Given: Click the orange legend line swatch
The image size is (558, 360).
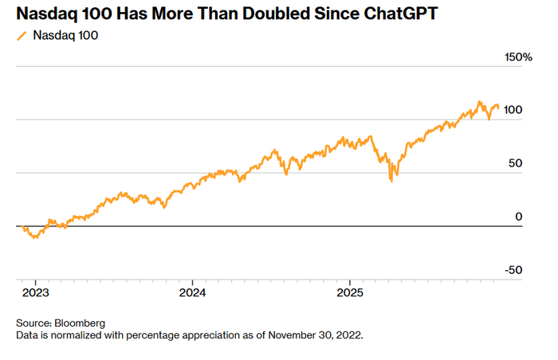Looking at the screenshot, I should tap(22, 36).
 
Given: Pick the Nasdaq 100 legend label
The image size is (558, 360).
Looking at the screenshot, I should tap(65, 36).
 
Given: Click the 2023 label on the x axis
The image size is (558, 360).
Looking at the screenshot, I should tap(35, 292).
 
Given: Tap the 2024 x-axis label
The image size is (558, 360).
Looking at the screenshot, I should tap(193, 292).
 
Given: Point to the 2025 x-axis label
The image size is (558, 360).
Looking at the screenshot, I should tap(351, 292).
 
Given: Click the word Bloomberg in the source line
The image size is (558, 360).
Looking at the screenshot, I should tap(80, 323).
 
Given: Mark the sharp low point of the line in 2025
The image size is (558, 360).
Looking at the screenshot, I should tap(391, 182).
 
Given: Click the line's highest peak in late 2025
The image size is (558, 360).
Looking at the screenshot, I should tap(479, 102).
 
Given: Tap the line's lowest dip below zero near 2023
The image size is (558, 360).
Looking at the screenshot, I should tap(34, 238).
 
